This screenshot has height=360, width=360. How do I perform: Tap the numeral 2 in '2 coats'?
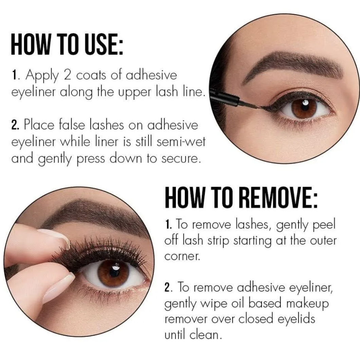[x=68, y=75]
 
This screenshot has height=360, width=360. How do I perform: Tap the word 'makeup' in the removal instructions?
[x=307, y=303]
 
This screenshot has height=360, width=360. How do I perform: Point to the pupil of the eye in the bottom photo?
[x=114, y=272]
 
